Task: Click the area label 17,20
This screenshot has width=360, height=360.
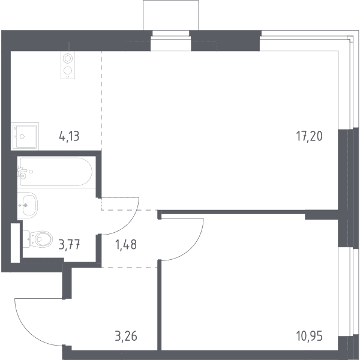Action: [309, 136]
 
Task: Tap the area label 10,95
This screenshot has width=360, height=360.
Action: [309, 336]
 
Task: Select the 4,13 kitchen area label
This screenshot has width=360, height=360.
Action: [69, 136]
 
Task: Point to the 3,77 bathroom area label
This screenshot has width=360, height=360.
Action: [69, 244]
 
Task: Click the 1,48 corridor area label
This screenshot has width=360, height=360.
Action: [126, 244]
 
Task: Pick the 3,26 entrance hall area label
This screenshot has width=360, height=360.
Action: [126, 336]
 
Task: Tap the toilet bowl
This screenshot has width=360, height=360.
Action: [43, 239]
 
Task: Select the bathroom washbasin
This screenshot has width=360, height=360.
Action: [28, 205]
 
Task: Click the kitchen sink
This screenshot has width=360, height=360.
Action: [25, 136]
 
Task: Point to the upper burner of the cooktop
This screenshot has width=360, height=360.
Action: [68, 58]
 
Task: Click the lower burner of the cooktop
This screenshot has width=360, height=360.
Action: [68, 70]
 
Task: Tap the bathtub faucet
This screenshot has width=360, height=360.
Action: [22, 173]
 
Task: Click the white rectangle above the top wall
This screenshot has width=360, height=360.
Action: [170, 15]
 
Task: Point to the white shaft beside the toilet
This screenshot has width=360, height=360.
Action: [16, 242]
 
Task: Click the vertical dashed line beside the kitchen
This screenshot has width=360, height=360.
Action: [101, 101]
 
